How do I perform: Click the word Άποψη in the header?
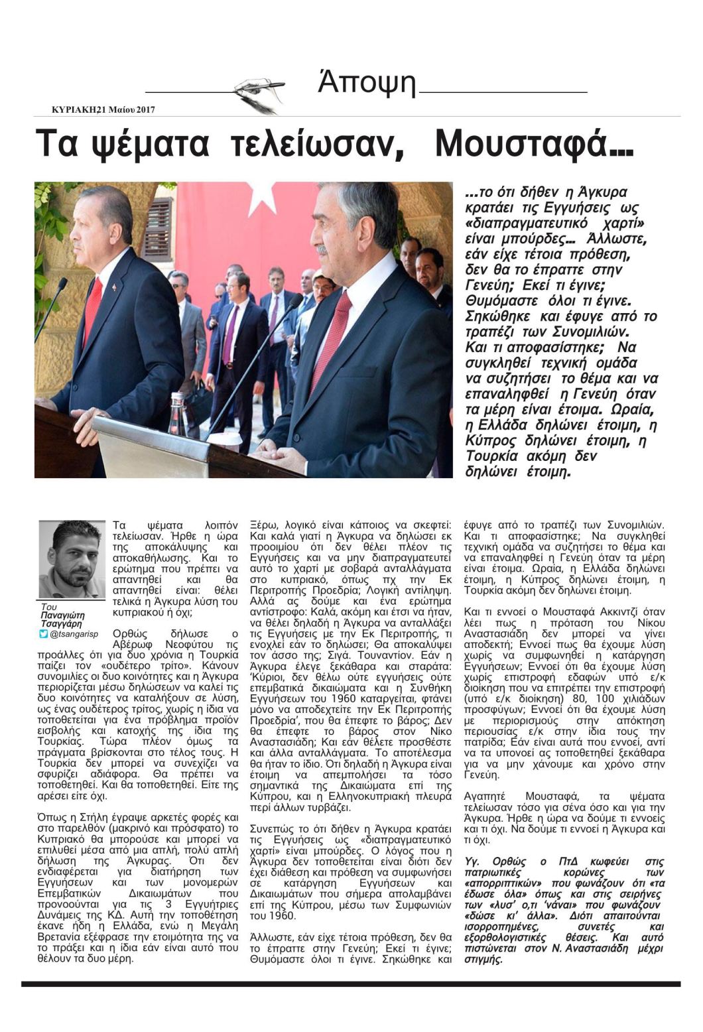coord(366,84)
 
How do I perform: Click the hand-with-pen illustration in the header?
coord(259,93)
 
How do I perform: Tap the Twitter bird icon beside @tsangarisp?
coord(44,634)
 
